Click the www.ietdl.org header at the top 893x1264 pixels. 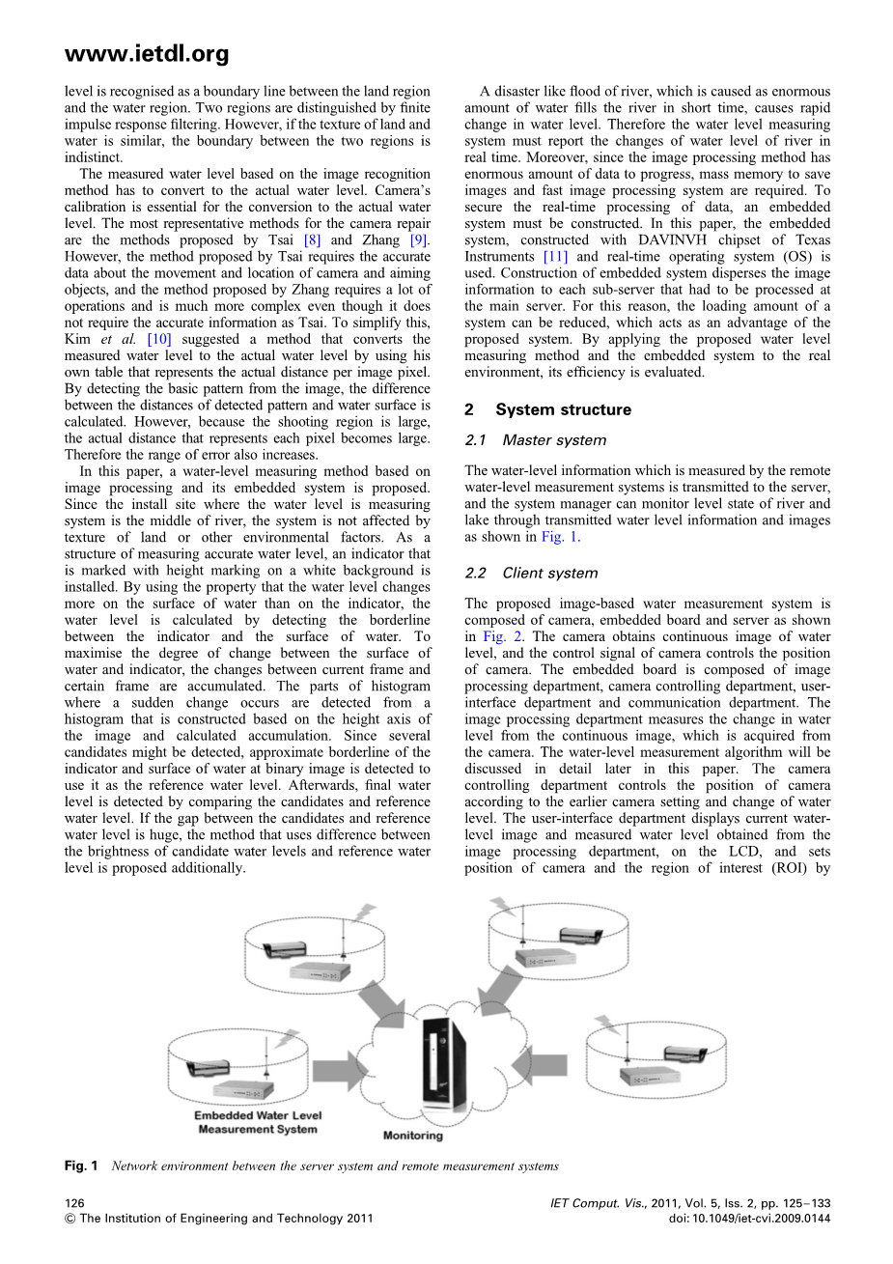tap(147, 53)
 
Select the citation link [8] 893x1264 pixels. tap(312, 240)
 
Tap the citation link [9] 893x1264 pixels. tap(418, 240)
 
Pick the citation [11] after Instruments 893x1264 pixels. tap(555, 257)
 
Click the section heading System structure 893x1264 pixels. tap(563, 409)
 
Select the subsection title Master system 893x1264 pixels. tap(554, 440)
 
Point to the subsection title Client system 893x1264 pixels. tap(550, 573)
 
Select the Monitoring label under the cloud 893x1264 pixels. tap(413, 1136)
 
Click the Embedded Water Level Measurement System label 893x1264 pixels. tap(258, 1122)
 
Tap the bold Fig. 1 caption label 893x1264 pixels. tap(81, 1166)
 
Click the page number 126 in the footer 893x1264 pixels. tap(74, 1203)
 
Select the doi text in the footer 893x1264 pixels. tap(749, 1219)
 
